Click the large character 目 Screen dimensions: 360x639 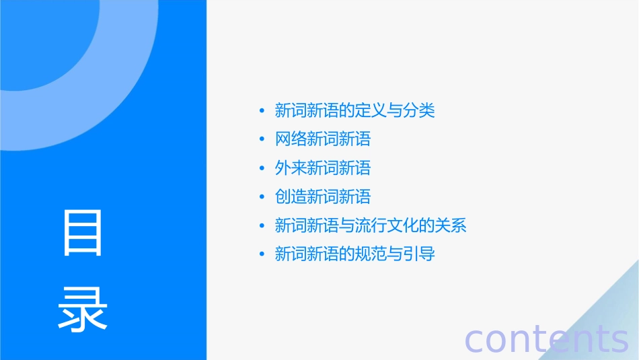click(83, 232)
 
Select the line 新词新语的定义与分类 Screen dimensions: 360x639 click(355, 110)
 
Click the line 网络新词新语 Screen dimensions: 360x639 click(323, 139)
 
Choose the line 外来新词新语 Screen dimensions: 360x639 click(323, 168)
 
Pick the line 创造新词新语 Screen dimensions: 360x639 click(323, 196)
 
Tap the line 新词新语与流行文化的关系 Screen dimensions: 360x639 click(371, 225)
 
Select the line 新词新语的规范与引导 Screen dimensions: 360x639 click(355, 254)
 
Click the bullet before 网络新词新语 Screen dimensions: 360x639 click(262, 139)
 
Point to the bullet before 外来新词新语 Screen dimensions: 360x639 click(262, 168)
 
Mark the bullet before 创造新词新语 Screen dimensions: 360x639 click(262, 197)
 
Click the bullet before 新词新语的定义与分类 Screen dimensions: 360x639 click(262, 111)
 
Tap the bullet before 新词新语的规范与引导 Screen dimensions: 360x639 click(262, 255)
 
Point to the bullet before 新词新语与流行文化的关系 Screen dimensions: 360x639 click(262, 226)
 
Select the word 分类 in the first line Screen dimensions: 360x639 click(420, 110)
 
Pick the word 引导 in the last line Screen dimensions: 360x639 click(420, 254)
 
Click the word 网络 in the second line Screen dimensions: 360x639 click(291, 139)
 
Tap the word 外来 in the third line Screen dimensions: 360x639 click(291, 168)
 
